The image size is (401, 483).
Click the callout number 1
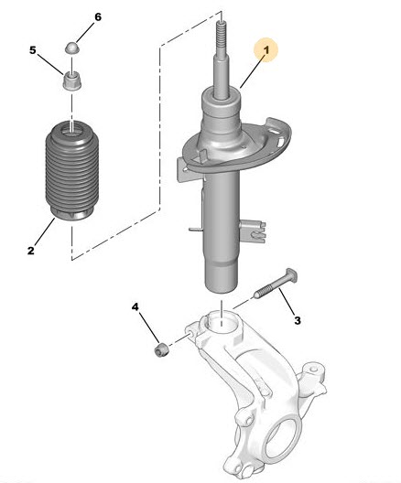[266, 50]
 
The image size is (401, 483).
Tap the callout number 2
[31, 251]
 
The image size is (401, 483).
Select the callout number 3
[298, 320]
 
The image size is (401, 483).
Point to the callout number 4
[135, 306]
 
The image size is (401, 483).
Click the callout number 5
[33, 50]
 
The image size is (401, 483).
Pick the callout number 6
[98, 17]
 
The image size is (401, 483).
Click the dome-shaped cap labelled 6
[71, 48]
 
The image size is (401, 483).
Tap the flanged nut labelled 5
[71, 80]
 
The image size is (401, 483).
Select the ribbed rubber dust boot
[72, 171]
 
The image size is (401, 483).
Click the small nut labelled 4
[162, 349]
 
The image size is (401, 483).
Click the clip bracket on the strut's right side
[253, 231]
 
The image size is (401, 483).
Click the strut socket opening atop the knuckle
[222, 322]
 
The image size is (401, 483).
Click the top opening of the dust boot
[71, 128]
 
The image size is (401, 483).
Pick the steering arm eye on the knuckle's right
[313, 369]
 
